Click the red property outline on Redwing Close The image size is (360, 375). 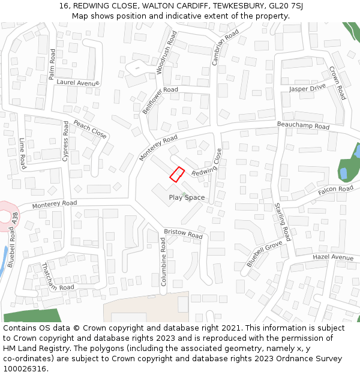pyautogui.click(x=176, y=174)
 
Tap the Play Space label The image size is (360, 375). pyautogui.click(x=187, y=197)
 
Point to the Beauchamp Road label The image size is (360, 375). pyautogui.click(x=303, y=125)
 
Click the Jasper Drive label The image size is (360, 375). pyautogui.click(x=307, y=88)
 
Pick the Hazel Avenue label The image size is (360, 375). pyautogui.click(x=333, y=257)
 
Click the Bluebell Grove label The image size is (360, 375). pyautogui.click(x=264, y=254)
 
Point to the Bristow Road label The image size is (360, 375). pyautogui.click(x=183, y=233)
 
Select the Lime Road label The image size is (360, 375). pyautogui.click(x=23, y=153)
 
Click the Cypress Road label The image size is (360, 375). pyautogui.click(x=65, y=141)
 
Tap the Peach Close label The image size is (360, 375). pyautogui.click(x=90, y=129)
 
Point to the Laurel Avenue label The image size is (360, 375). pyautogui.click(x=77, y=83)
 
